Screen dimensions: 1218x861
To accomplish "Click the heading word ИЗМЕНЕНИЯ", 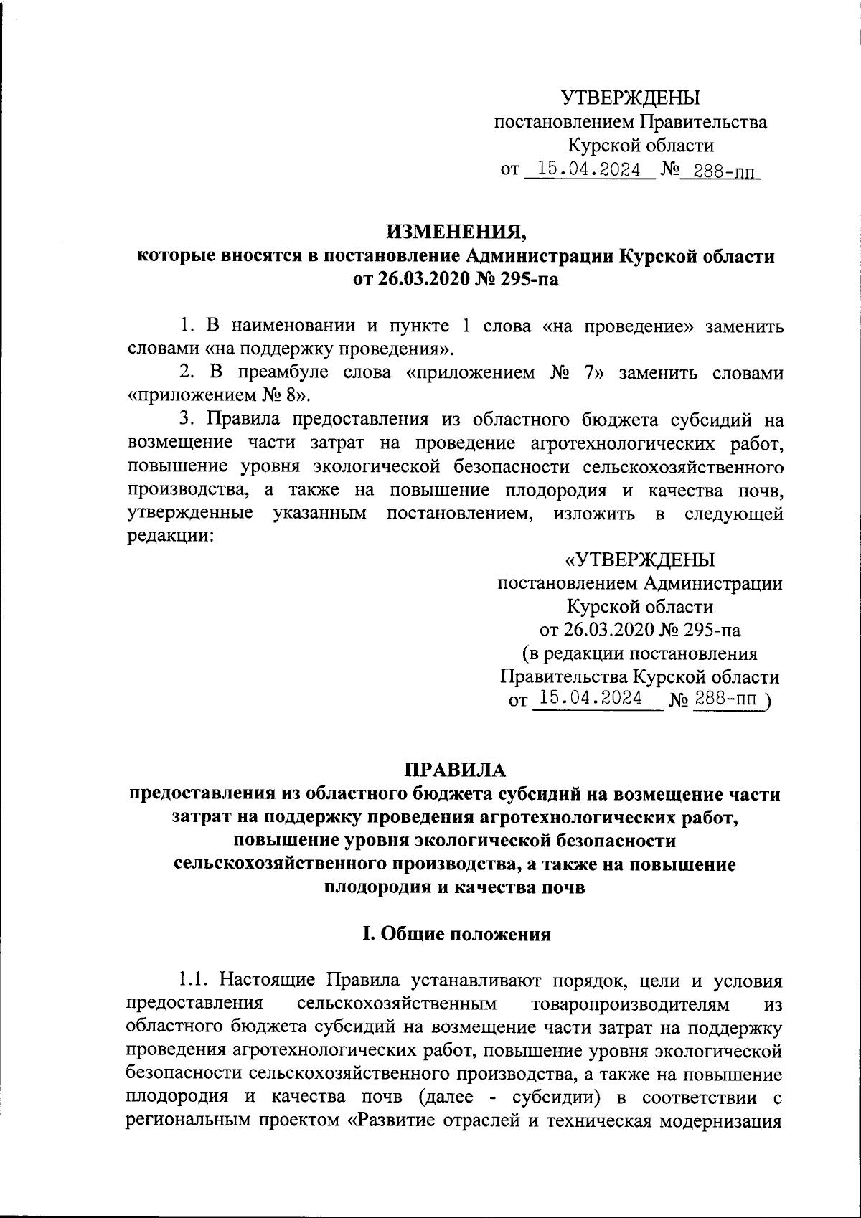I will point(456,232).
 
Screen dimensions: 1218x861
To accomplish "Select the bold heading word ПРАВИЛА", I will point(456,770).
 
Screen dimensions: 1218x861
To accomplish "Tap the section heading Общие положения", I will point(464,934).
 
